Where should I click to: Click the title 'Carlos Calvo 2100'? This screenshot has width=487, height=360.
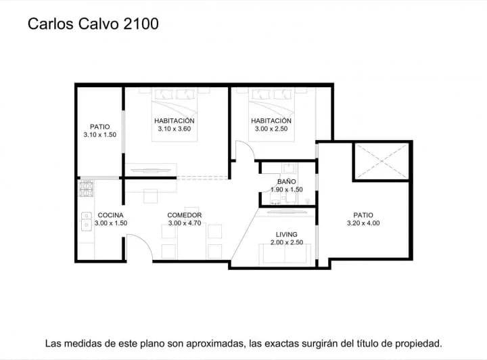93,24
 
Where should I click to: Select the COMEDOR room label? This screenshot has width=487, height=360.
185,216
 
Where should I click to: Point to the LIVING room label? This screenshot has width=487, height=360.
286,234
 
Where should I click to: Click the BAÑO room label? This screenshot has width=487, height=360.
286,182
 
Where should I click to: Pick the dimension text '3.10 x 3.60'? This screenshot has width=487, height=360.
175,129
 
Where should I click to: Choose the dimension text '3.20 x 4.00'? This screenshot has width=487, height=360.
363,223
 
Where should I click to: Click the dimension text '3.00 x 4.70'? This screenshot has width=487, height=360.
185,223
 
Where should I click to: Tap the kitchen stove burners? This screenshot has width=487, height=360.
86,188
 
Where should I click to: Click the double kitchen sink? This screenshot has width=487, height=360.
86,221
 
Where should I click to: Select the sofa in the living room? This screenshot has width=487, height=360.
286,253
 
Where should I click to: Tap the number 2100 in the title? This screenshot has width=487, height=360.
141,24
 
